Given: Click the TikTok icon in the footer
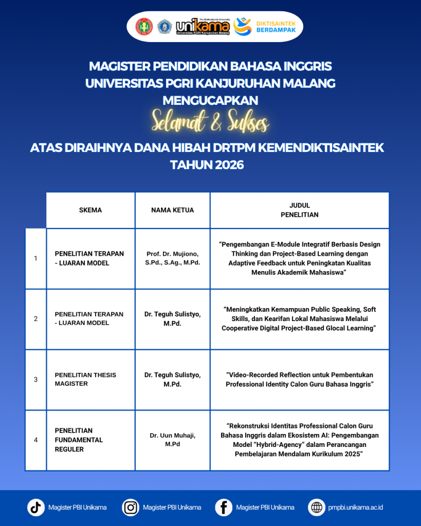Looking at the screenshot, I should pos(36,508).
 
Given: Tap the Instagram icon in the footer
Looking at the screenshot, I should pos(131,508).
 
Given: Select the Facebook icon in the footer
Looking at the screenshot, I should pos(224,508).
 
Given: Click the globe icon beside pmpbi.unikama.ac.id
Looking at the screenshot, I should pos(316,508).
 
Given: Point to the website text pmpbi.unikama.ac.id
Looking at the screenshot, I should pos(355,508).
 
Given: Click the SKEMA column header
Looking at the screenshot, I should pos(90,210).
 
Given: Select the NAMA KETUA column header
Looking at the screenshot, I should pos(172,210).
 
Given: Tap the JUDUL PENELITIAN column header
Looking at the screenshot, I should pos(299,210).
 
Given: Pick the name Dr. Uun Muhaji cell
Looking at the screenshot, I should pos(172,440).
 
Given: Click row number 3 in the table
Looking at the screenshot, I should pos(35,380).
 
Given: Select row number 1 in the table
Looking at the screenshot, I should pos(35,258).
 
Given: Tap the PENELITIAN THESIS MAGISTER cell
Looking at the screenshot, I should pos(85,379).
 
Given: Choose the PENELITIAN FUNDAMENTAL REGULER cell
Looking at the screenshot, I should pos(79,440).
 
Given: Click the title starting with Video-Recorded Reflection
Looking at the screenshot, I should pos(299,380).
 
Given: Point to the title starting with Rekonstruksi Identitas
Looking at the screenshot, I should pos(299,440).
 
